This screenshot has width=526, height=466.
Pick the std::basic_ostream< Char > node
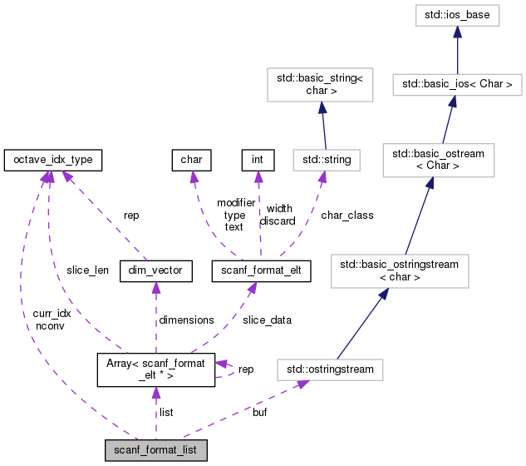click(439, 160)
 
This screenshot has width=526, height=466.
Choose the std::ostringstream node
click(330, 369)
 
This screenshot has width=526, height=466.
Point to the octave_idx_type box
click(53, 158)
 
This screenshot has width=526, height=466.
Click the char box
click(190, 158)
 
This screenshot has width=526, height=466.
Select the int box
click(257, 158)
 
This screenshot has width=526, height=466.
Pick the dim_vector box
click(156, 270)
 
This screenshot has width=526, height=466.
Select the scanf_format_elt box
click(261, 270)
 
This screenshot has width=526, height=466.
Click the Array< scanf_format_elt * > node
click(155, 368)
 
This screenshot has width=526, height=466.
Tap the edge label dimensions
click(187, 320)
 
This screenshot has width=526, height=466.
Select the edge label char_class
click(347, 215)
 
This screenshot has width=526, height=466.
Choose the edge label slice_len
click(87, 270)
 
